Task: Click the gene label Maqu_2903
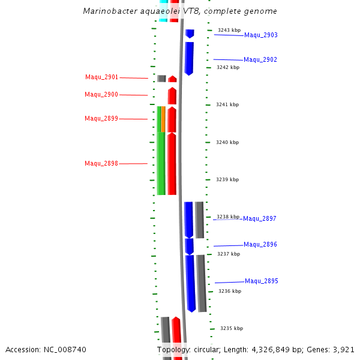point(260,35)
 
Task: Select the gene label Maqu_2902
point(260,60)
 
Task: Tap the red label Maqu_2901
point(101,77)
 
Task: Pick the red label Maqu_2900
point(101,95)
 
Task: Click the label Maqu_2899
point(101,119)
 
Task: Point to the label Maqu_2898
point(101,164)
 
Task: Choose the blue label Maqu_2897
point(260,219)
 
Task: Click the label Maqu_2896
point(260,245)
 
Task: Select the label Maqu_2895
point(261,281)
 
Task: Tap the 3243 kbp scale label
point(229,30)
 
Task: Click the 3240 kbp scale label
point(227,143)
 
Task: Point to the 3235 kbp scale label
point(231,329)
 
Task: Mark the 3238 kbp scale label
point(228,217)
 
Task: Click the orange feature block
point(163,119)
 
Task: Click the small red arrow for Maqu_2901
point(172,79)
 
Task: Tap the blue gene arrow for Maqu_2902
point(189,58)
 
